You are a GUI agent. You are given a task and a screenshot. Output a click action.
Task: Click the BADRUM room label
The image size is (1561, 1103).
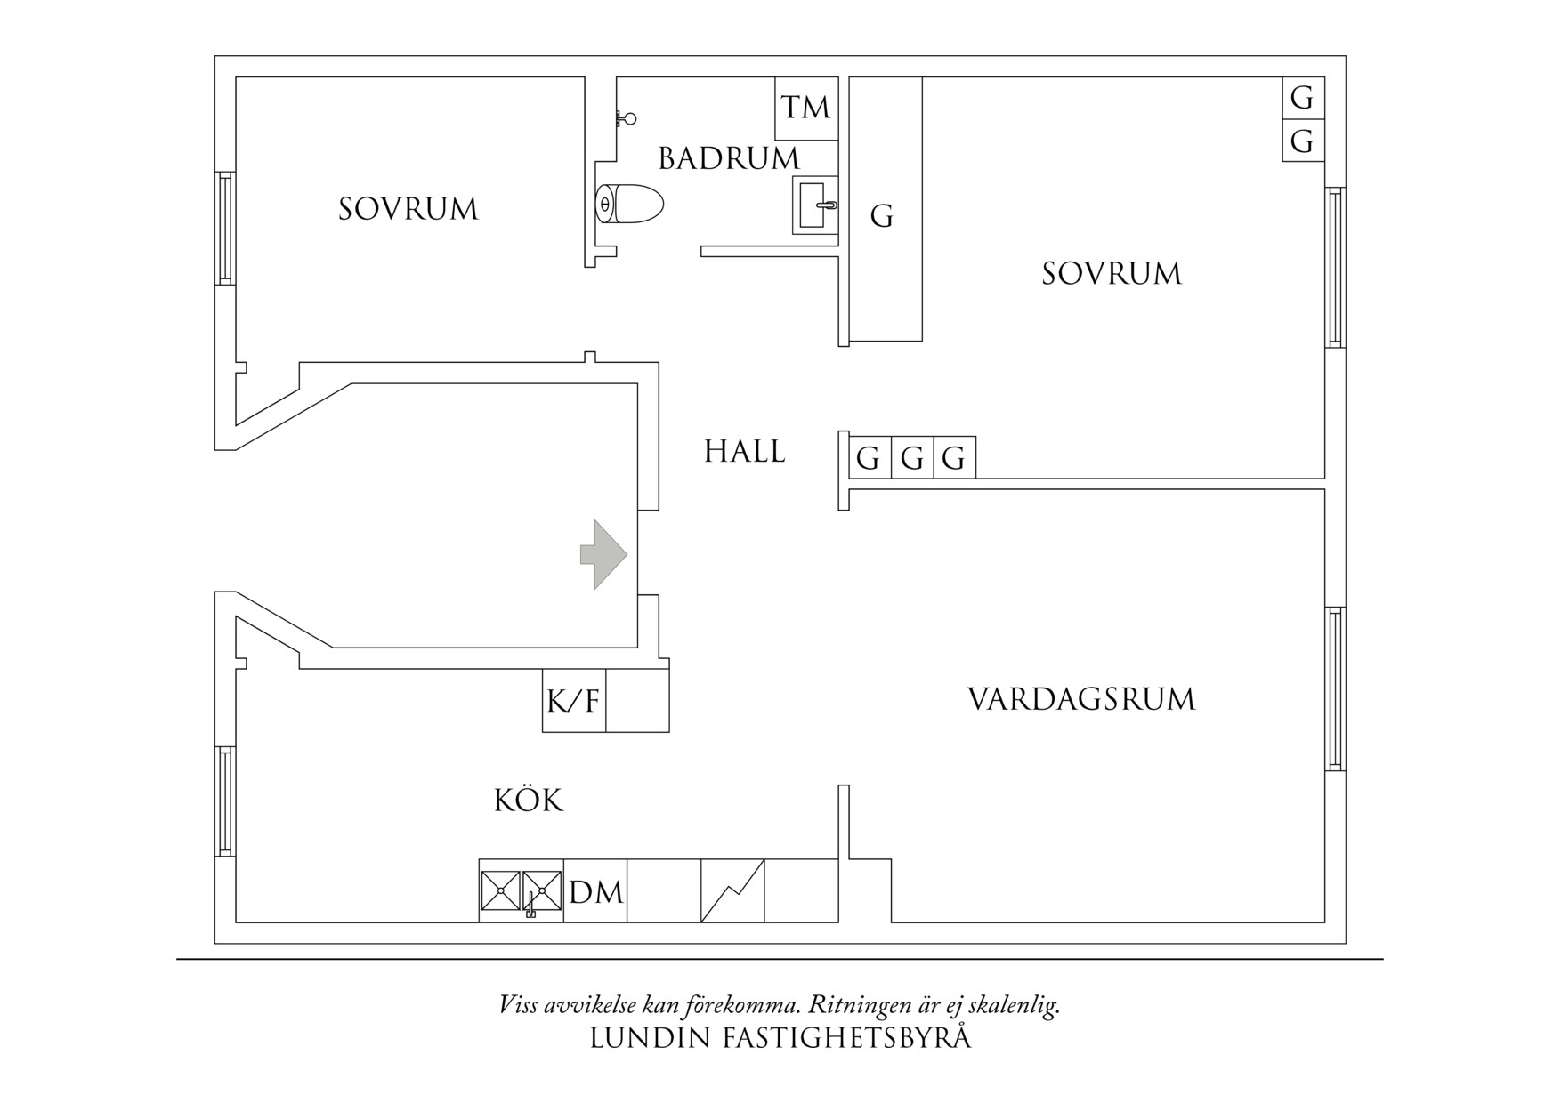(x=729, y=159)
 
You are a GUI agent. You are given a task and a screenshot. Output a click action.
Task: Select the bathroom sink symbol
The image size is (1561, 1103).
(x=814, y=205)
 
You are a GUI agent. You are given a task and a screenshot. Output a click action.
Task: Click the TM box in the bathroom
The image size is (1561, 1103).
(x=806, y=108)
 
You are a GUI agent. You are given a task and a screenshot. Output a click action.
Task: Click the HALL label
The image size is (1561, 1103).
(x=745, y=453)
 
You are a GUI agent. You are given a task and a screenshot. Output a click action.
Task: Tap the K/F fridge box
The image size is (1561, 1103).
(x=574, y=701)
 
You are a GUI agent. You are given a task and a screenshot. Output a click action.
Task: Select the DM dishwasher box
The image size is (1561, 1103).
(x=595, y=891)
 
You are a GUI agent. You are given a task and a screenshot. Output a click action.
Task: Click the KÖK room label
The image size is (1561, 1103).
(x=529, y=801)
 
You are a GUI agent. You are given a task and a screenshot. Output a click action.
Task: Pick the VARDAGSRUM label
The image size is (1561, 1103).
(x=1081, y=699)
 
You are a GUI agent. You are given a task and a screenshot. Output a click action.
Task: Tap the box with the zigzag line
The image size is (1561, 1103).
(x=732, y=890)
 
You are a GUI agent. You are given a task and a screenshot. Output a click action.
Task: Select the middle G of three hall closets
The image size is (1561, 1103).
(x=912, y=459)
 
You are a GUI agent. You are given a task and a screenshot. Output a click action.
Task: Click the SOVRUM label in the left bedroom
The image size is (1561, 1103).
(x=408, y=210)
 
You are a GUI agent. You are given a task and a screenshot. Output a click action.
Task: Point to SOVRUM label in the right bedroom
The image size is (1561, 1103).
(x=1112, y=273)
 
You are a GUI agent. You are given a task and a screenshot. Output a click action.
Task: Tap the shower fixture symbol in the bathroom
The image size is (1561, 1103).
(x=627, y=117)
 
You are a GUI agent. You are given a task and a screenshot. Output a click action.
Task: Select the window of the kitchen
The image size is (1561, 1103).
(x=225, y=801)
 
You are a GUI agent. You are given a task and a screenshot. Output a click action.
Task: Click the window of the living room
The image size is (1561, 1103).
(x=1335, y=688)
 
